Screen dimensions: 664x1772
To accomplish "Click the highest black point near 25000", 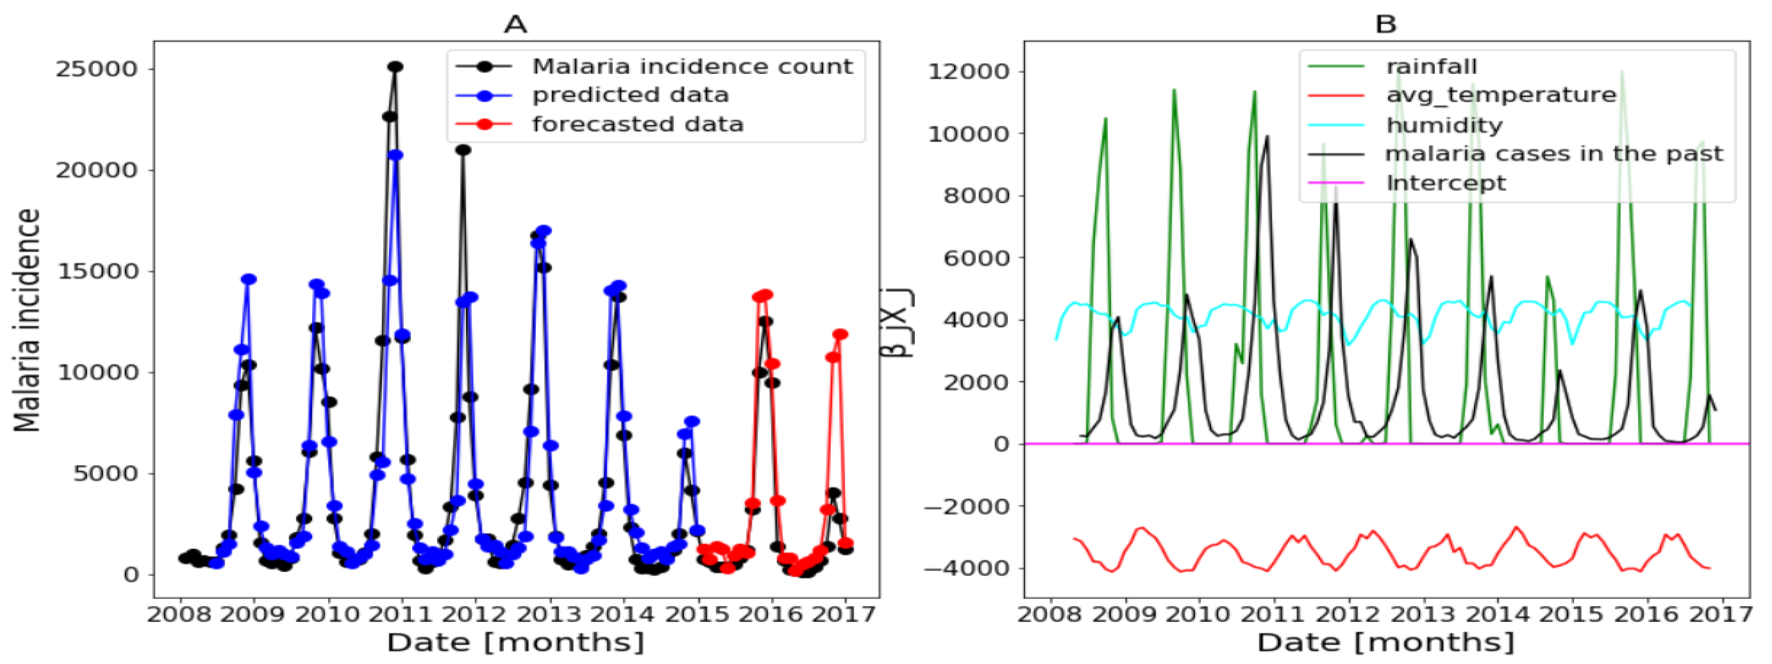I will click(x=395, y=67).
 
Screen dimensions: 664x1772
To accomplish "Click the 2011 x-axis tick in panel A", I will click(x=401, y=613).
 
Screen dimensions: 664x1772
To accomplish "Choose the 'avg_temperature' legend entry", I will click(x=1500, y=95).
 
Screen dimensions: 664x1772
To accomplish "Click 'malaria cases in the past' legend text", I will click(x=1554, y=153).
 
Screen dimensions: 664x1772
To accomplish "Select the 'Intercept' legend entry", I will click(x=1445, y=183).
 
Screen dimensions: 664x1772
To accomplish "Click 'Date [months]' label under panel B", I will click(x=1386, y=642).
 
